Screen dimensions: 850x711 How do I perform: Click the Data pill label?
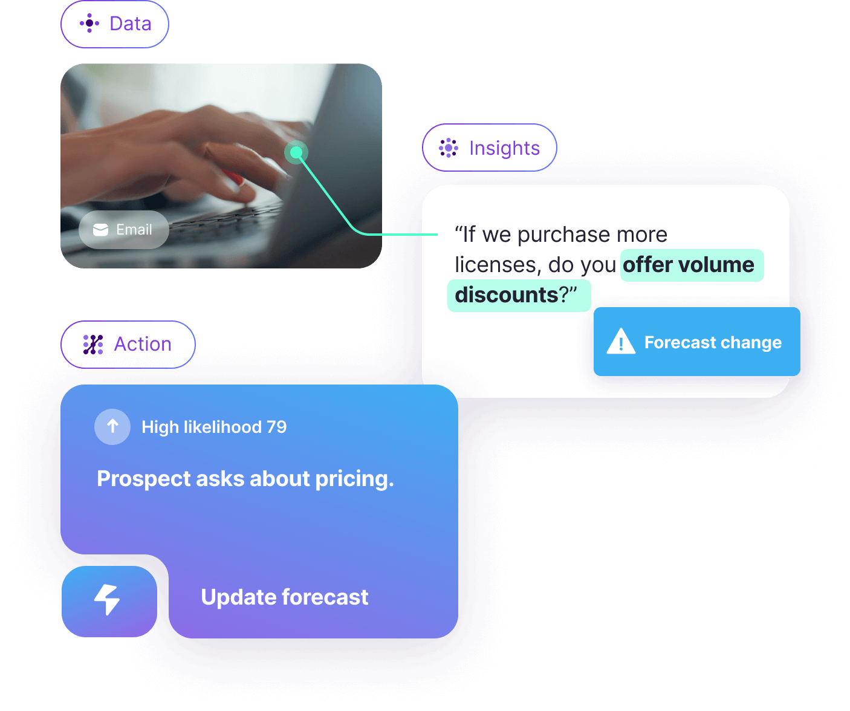tap(114, 24)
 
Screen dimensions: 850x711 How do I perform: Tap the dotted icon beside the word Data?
tap(89, 23)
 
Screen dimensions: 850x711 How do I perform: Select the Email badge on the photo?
tap(123, 230)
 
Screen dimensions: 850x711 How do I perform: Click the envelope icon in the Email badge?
tap(100, 230)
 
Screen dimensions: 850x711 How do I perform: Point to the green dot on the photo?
tap(296, 152)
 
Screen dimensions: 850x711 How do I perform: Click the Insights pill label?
tap(489, 148)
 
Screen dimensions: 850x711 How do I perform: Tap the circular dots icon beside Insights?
tap(448, 148)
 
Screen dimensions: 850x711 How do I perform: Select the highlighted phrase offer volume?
tap(688, 265)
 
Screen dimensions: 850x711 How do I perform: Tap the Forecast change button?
tap(696, 341)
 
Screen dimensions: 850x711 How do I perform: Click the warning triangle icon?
tap(621, 341)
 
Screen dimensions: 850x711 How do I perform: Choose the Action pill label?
tap(128, 345)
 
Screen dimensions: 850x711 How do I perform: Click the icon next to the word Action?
tap(93, 345)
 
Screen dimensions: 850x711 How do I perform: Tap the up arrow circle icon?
tap(112, 426)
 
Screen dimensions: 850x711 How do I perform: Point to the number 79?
tap(276, 427)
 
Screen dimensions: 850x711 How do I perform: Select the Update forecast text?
tap(285, 597)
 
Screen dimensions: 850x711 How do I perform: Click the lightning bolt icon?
tap(107, 599)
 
